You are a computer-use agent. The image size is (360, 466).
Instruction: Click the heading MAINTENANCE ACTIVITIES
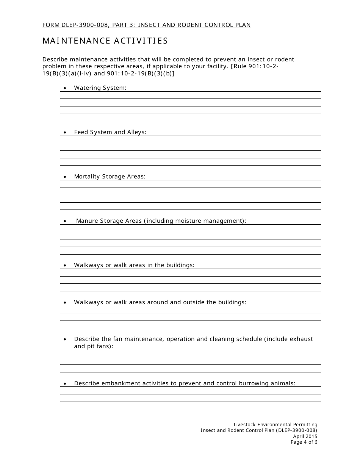pos(105,41)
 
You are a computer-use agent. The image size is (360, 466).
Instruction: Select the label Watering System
pos(100,88)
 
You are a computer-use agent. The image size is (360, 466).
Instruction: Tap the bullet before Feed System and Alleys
pos(65,133)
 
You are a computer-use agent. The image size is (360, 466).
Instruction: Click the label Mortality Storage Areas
pos(110,177)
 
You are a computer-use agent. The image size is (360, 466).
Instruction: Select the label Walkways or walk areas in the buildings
pos(134,265)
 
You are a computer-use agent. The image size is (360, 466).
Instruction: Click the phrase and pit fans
pos(93,346)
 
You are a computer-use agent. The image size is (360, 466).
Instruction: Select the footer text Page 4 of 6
pos(304,442)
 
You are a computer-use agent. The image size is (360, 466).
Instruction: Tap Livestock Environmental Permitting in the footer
pos(275,425)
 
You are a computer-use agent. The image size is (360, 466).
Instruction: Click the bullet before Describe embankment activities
pos(65,384)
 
